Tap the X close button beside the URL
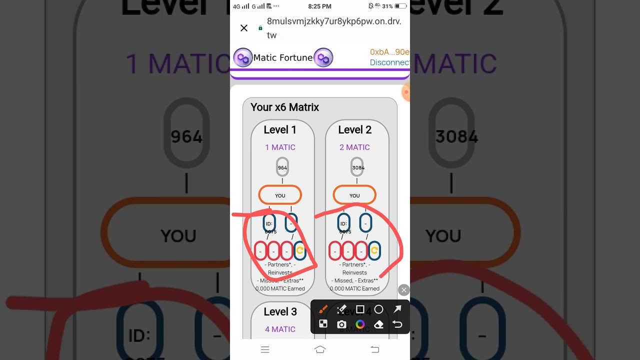(x=244, y=28)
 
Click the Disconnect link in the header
(x=389, y=62)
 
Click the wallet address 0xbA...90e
(x=389, y=52)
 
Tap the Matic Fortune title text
(x=283, y=57)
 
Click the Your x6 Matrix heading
(x=284, y=107)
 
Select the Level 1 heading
(x=280, y=130)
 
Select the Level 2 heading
(x=354, y=130)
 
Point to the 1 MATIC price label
(x=280, y=147)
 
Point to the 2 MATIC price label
(x=354, y=147)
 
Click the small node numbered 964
(x=282, y=167)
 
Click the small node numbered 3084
(x=358, y=167)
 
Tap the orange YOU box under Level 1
(x=280, y=195)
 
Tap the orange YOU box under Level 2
(x=354, y=195)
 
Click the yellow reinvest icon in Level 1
(x=300, y=250)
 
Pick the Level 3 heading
(x=280, y=312)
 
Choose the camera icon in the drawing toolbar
(x=341, y=324)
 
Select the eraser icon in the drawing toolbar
(x=378, y=324)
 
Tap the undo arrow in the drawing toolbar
(x=397, y=324)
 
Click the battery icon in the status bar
(x=400, y=6)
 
